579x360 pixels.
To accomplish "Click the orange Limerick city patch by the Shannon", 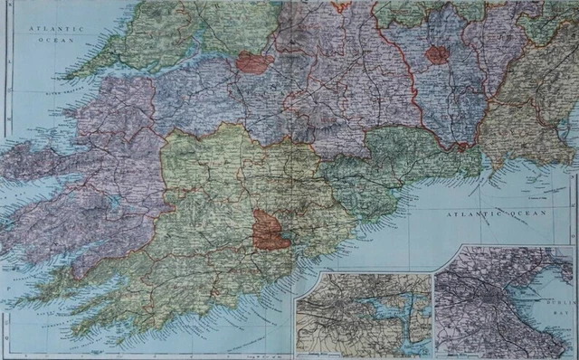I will click(254, 62).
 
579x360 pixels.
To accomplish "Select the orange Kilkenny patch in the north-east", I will click(438, 54).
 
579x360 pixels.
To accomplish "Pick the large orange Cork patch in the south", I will click(271, 230).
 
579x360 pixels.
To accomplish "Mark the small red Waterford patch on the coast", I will click(462, 145).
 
